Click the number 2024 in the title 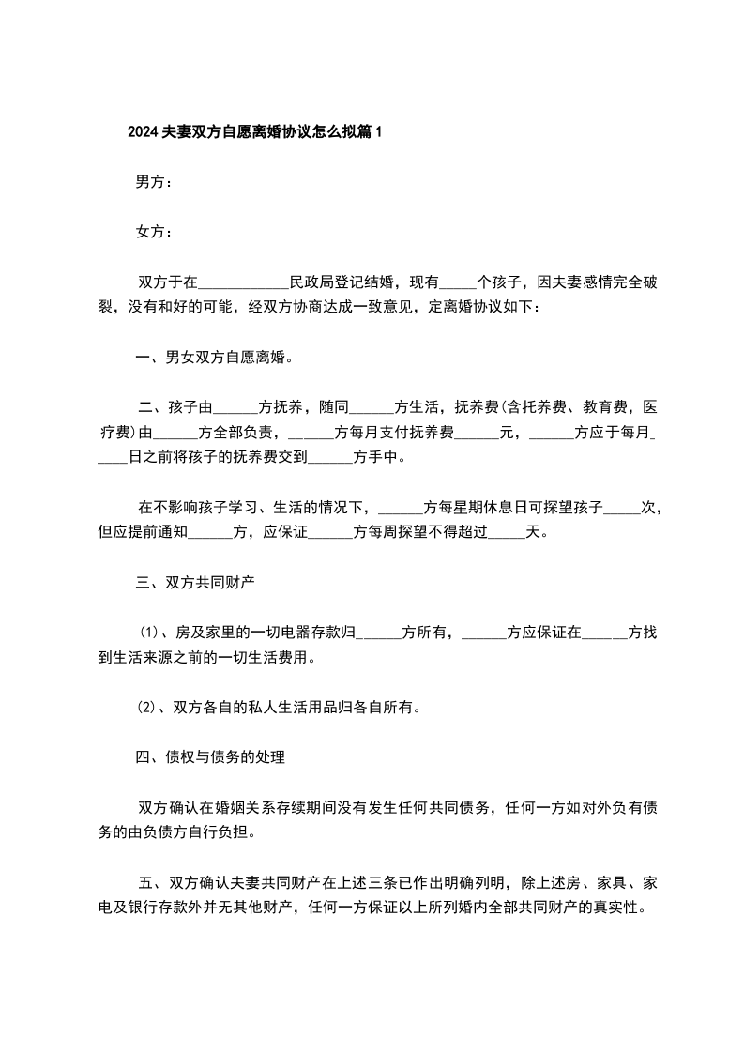(x=144, y=132)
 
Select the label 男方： (x=154, y=182)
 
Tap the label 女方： (x=154, y=232)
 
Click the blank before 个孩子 (x=457, y=282)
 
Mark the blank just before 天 (x=508, y=533)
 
